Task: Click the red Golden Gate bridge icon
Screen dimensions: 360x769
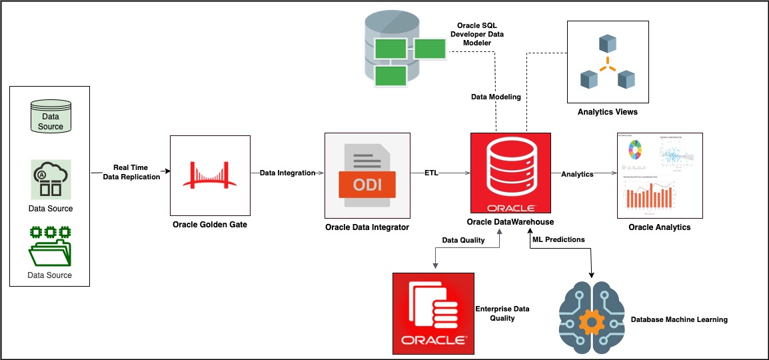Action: pyautogui.click(x=210, y=177)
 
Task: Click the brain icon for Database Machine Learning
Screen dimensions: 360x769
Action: pyautogui.click(x=590, y=319)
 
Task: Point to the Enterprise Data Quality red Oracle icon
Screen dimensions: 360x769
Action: pyautogui.click(x=434, y=313)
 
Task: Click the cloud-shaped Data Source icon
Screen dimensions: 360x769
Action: pyautogui.click(x=50, y=179)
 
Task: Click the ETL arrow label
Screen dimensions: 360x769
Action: pyautogui.click(x=432, y=173)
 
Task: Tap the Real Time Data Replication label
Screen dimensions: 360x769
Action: pyautogui.click(x=131, y=172)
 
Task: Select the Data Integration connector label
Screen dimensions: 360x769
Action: pyautogui.click(x=287, y=173)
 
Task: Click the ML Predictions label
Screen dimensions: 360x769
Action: pyautogui.click(x=558, y=239)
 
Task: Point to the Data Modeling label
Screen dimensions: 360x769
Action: pyautogui.click(x=496, y=97)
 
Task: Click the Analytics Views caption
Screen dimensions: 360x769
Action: pyautogui.click(x=607, y=112)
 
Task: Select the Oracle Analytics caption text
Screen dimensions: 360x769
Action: pyautogui.click(x=659, y=227)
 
